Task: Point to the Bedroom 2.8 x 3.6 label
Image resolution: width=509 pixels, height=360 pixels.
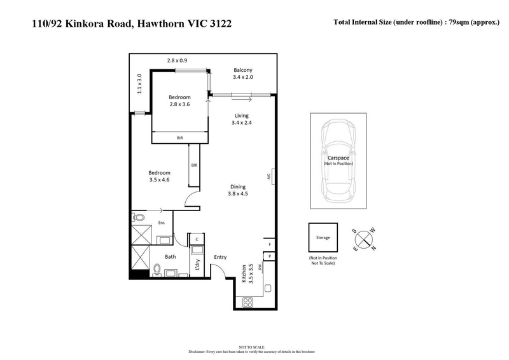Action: coord(179,100)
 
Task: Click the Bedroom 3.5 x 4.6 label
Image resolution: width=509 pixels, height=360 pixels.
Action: coord(159,177)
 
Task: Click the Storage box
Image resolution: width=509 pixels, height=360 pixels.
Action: coord(323,237)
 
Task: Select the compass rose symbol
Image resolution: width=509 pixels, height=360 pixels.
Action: coord(365,239)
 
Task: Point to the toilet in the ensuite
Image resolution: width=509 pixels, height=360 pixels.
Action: coord(139,218)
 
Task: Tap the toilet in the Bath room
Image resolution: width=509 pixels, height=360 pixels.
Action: coord(156,270)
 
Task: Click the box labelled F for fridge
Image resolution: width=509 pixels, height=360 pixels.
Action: coord(270,244)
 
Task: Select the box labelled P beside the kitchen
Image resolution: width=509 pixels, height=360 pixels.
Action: coord(270,256)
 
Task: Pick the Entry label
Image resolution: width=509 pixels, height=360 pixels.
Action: coord(220,257)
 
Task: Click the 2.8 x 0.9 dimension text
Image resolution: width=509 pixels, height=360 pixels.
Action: coord(177,60)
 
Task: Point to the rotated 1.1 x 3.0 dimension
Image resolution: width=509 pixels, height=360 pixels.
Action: coord(139,83)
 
